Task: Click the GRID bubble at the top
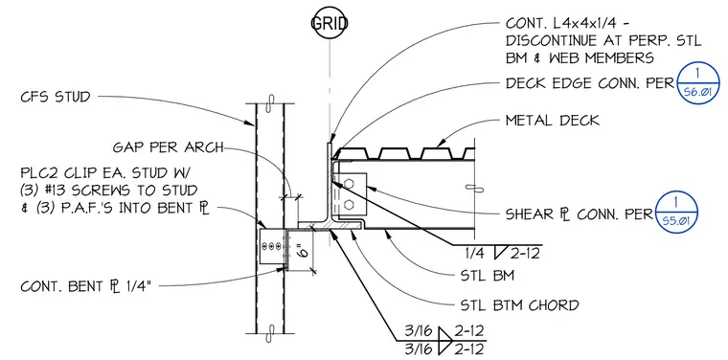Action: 330,23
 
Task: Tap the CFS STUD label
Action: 56,98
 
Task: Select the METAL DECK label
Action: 553,121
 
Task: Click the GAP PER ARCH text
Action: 168,147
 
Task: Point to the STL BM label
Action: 487,276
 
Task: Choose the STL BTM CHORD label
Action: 519,305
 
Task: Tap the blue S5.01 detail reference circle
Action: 676,212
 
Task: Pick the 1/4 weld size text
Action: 476,254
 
